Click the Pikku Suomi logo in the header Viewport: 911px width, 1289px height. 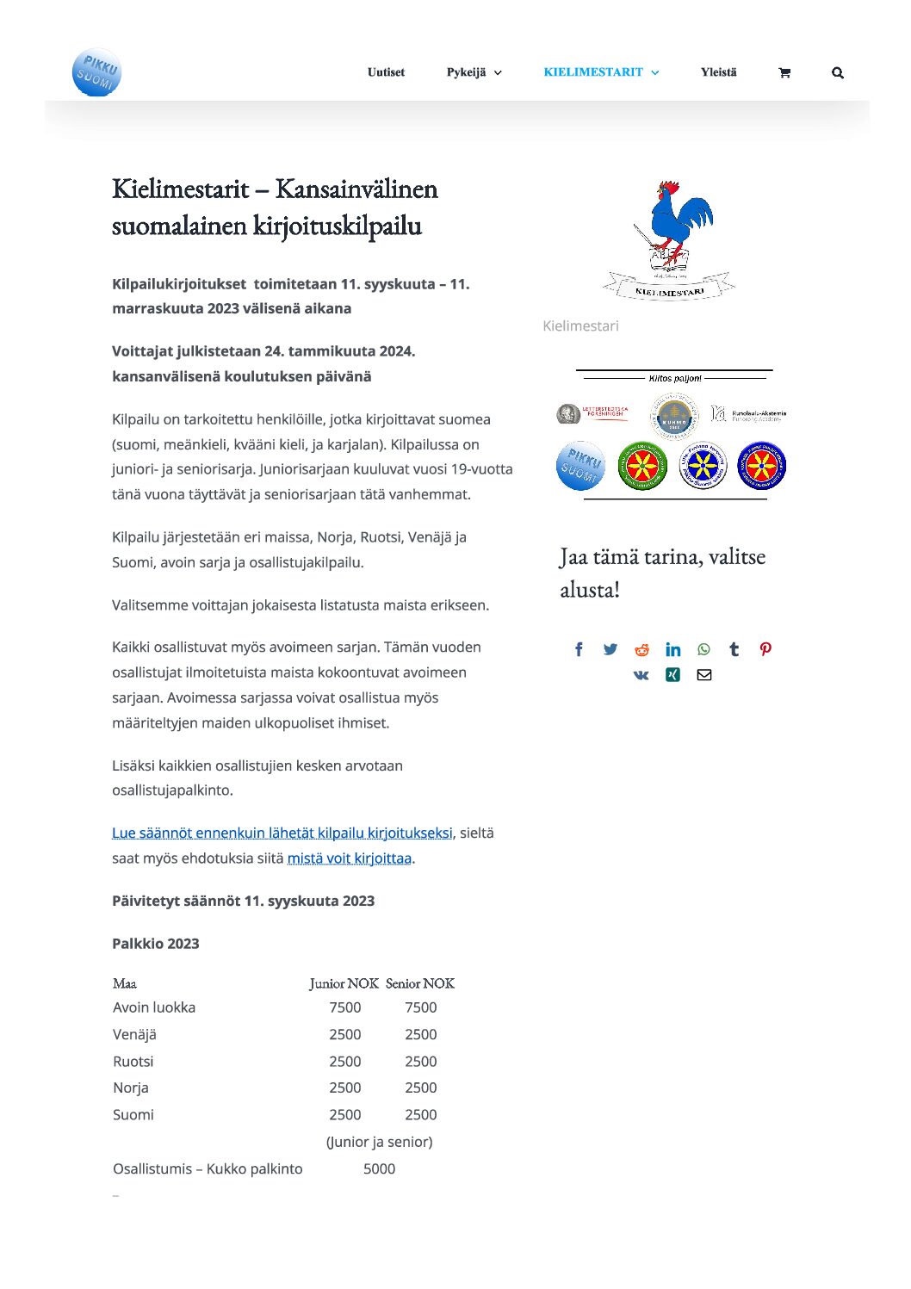point(96,72)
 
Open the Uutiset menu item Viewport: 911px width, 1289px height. point(386,72)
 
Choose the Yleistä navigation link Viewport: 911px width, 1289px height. point(718,72)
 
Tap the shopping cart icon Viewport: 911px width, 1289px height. point(784,73)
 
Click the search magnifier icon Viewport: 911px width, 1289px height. point(838,73)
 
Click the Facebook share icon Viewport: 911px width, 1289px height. point(579,649)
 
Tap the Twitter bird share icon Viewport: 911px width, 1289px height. point(610,649)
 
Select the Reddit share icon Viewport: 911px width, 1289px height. point(641,649)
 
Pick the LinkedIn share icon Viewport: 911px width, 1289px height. point(672,649)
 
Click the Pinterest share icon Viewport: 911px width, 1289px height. point(765,649)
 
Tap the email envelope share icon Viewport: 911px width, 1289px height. point(704,675)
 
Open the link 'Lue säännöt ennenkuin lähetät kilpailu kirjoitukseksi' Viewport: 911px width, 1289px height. point(282,833)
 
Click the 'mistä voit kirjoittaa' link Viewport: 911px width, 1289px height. point(349,858)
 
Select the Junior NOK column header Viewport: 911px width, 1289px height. point(344,983)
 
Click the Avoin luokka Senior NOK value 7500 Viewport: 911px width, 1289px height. point(420,1007)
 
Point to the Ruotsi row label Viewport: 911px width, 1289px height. point(133,1062)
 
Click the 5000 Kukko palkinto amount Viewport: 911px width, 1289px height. point(379,1168)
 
